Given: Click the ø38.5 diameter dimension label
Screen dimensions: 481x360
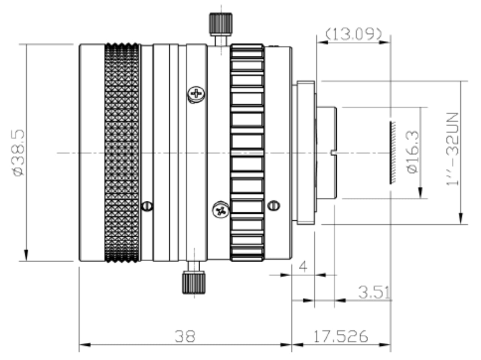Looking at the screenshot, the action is tap(19, 153).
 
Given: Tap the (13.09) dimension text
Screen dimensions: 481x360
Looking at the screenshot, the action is tap(354, 34).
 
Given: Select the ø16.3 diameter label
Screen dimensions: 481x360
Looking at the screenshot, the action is tap(412, 152).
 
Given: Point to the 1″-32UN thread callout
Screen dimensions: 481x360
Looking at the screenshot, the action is tap(452, 149).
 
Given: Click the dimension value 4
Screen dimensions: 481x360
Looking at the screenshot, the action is tap(303, 267).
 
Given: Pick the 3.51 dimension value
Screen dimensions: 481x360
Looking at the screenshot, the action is tap(374, 292).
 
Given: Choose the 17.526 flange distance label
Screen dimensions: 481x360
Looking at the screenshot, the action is tap(341, 337).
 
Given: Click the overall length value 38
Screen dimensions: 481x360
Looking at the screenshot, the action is tap(185, 337).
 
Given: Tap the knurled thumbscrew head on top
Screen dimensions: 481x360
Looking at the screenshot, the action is tap(221, 24).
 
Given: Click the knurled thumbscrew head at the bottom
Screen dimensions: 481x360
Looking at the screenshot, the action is tap(194, 282).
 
